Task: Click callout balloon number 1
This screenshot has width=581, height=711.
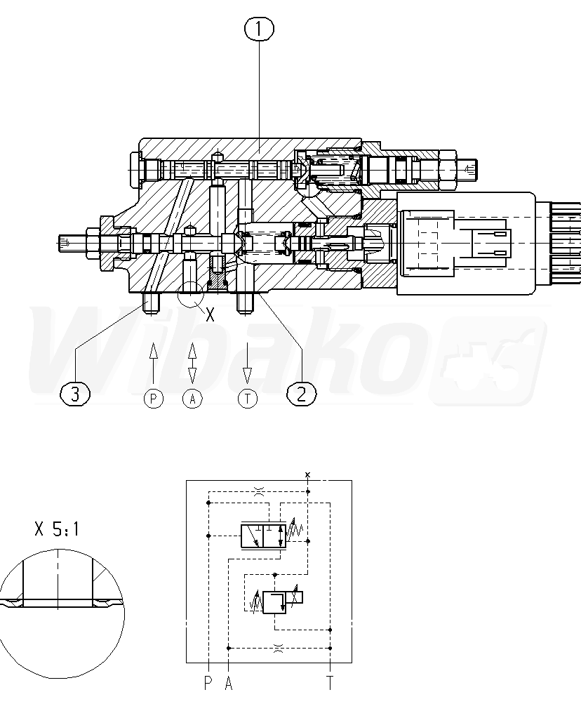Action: point(259,29)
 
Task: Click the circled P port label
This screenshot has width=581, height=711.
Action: point(153,399)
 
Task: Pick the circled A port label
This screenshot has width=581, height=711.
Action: point(192,399)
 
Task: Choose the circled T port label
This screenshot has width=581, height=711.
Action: point(248,399)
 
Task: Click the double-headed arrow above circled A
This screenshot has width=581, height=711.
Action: point(192,364)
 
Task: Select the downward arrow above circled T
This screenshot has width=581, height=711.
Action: point(248,364)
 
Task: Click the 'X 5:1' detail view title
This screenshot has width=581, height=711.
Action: point(57,529)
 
